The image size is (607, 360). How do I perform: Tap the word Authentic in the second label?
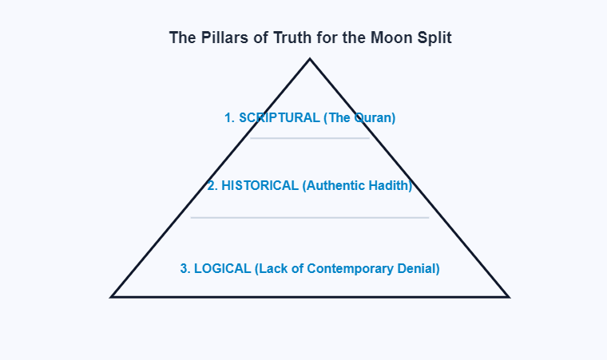click(x=335, y=186)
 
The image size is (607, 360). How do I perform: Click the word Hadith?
click(x=390, y=186)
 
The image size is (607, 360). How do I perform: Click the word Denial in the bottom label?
click(x=418, y=269)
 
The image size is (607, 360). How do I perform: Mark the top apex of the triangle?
click(x=310, y=59)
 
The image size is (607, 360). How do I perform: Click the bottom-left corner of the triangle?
click(x=113, y=296)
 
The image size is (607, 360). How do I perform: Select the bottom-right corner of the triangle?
click(x=507, y=296)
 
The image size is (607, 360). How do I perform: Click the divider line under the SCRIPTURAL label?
click(x=310, y=138)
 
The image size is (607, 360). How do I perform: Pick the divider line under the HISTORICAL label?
click(x=310, y=217)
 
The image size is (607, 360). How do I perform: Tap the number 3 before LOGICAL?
click(x=184, y=269)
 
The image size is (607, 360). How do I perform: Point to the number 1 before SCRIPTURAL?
click(x=228, y=118)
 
